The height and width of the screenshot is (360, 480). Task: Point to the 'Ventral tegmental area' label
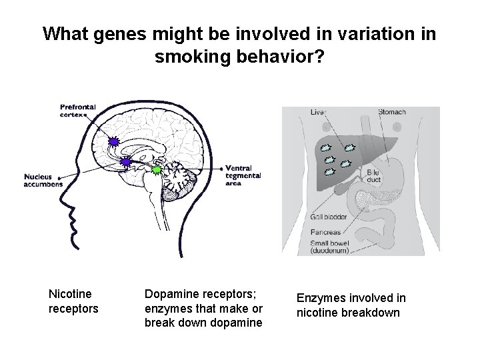coord(243,175)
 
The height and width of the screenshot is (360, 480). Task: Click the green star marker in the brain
coord(156,170)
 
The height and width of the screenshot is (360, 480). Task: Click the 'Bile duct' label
coord(373,176)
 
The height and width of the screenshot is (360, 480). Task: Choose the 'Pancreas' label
coord(325,233)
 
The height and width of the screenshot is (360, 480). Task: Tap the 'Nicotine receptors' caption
coord(73,300)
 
